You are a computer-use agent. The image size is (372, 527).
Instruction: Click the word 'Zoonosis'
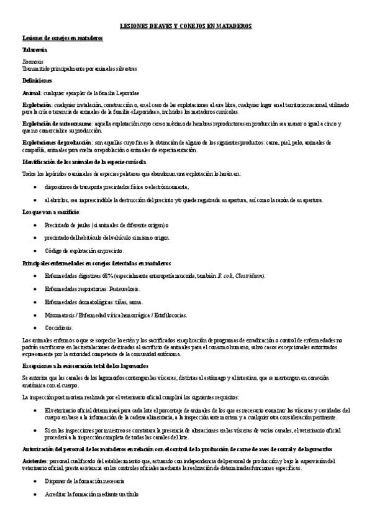click(32, 62)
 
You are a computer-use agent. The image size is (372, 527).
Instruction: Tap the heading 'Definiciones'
click(37, 80)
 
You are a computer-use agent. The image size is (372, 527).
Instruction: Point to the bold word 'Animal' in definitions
click(32, 92)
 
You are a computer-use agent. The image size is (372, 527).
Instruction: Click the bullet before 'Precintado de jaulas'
click(36, 225)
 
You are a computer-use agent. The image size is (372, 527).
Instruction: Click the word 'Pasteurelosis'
click(125, 288)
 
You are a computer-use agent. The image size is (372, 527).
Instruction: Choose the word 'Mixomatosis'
click(60, 314)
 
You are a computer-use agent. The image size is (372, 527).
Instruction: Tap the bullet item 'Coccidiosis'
click(58, 328)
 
